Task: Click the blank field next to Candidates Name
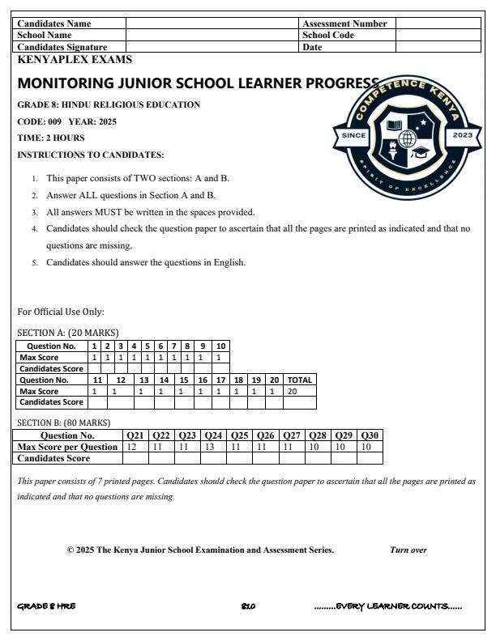(212, 23)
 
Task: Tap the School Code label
(328, 36)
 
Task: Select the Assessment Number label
(344, 23)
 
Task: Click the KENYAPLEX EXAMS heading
(74, 60)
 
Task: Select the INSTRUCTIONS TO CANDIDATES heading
(91, 155)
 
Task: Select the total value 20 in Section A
(293, 391)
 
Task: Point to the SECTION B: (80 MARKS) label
(64, 422)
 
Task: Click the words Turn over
(408, 550)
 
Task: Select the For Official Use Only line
(61, 312)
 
